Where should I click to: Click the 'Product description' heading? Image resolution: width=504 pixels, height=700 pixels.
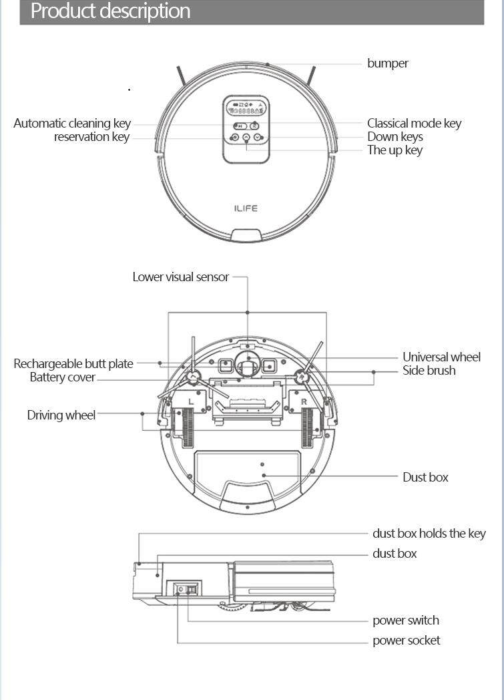pos(110,11)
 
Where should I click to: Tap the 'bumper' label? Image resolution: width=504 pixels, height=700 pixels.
pos(387,63)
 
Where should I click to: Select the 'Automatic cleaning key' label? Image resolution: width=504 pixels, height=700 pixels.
pos(72,124)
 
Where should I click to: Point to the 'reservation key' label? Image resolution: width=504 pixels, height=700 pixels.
pos(91,137)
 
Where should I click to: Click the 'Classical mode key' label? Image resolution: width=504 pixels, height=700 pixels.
pos(414,124)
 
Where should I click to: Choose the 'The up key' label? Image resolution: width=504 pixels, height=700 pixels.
pos(395,150)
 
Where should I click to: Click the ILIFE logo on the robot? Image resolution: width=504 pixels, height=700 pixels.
pos(246,208)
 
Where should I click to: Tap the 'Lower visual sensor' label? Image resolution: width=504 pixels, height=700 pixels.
pos(180,277)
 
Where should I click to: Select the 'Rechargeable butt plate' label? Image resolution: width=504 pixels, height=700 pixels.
pos(73,364)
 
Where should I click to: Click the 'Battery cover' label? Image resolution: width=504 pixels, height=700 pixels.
pos(63,377)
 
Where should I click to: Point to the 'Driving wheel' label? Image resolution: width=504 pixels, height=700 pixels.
pos(61,415)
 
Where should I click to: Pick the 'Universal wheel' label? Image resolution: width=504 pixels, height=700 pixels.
pos(441,357)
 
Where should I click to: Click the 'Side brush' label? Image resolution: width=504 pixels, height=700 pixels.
pos(429,371)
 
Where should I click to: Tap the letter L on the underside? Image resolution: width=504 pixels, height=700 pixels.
pos(191,401)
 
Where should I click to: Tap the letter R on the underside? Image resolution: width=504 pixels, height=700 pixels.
pos(304,401)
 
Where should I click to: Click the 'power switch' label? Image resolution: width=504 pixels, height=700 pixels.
pos(405,621)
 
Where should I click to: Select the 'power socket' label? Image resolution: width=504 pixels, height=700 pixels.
pos(406,641)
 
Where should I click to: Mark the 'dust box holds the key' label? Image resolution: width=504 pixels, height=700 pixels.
pos(429,534)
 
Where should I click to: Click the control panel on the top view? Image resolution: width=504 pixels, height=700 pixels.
pos(246,129)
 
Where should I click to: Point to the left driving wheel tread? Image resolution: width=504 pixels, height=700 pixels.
pos(186,428)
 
